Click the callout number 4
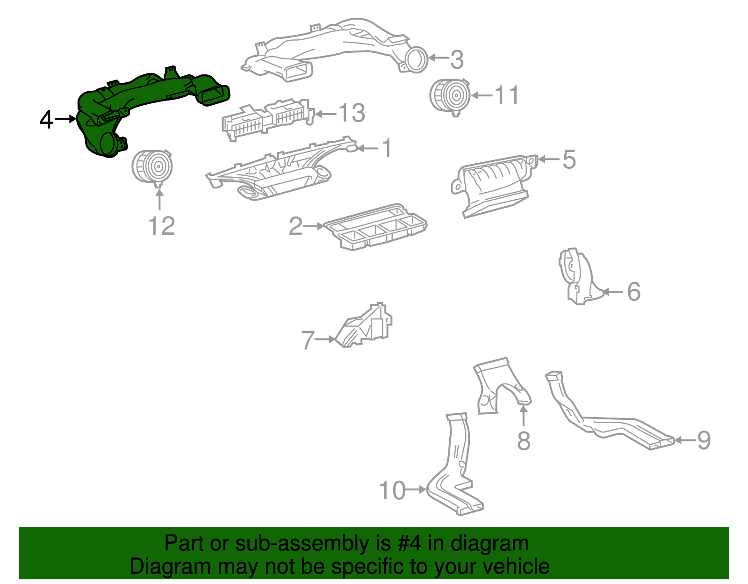[46, 119]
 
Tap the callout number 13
[352, 113]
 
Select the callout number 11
[506, 95]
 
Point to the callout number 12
[161, 226]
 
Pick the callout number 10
[392, 490]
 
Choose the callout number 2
[295, 226]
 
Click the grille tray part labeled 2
[376, 227]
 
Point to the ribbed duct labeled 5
[494, 186]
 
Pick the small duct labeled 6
[580, 276]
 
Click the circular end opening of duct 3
[416, 59]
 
